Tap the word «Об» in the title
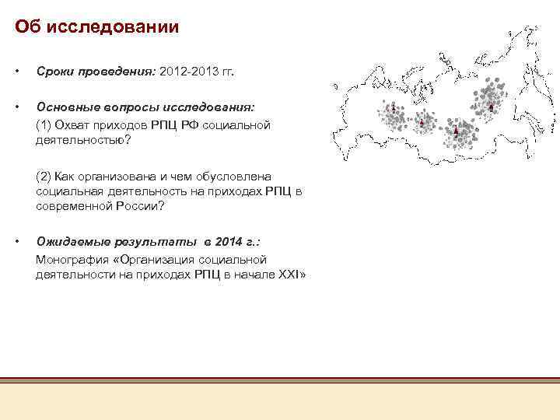(x=29, y=28)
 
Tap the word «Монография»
(x=72, y=259)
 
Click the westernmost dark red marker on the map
(x=393, y=107)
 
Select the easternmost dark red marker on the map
(x=491, y=106)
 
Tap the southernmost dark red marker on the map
(x=455, y=131)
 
